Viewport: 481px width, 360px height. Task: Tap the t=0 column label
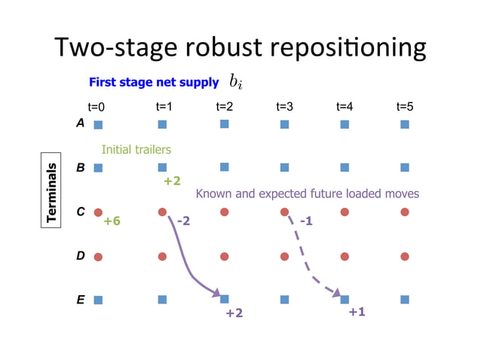pos(97,107)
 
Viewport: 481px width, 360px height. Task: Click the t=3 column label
pos(284,107)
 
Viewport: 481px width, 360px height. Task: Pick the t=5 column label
pos(404,107)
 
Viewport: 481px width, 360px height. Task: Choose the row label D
pos(80,256)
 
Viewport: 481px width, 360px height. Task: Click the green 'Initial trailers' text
pos(136,150)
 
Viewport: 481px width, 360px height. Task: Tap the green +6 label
pos(112,221)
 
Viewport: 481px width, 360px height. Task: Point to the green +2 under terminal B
pos(172,181)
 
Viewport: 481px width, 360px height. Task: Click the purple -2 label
pos(184,221)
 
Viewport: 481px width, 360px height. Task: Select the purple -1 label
pos(305,221)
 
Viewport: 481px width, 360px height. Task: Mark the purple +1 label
pos(357,311)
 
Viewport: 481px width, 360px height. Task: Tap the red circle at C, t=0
pos(98,212)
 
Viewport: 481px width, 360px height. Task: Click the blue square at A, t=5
pos(405,124)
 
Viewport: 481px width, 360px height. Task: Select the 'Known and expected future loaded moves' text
pos(307,194)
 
